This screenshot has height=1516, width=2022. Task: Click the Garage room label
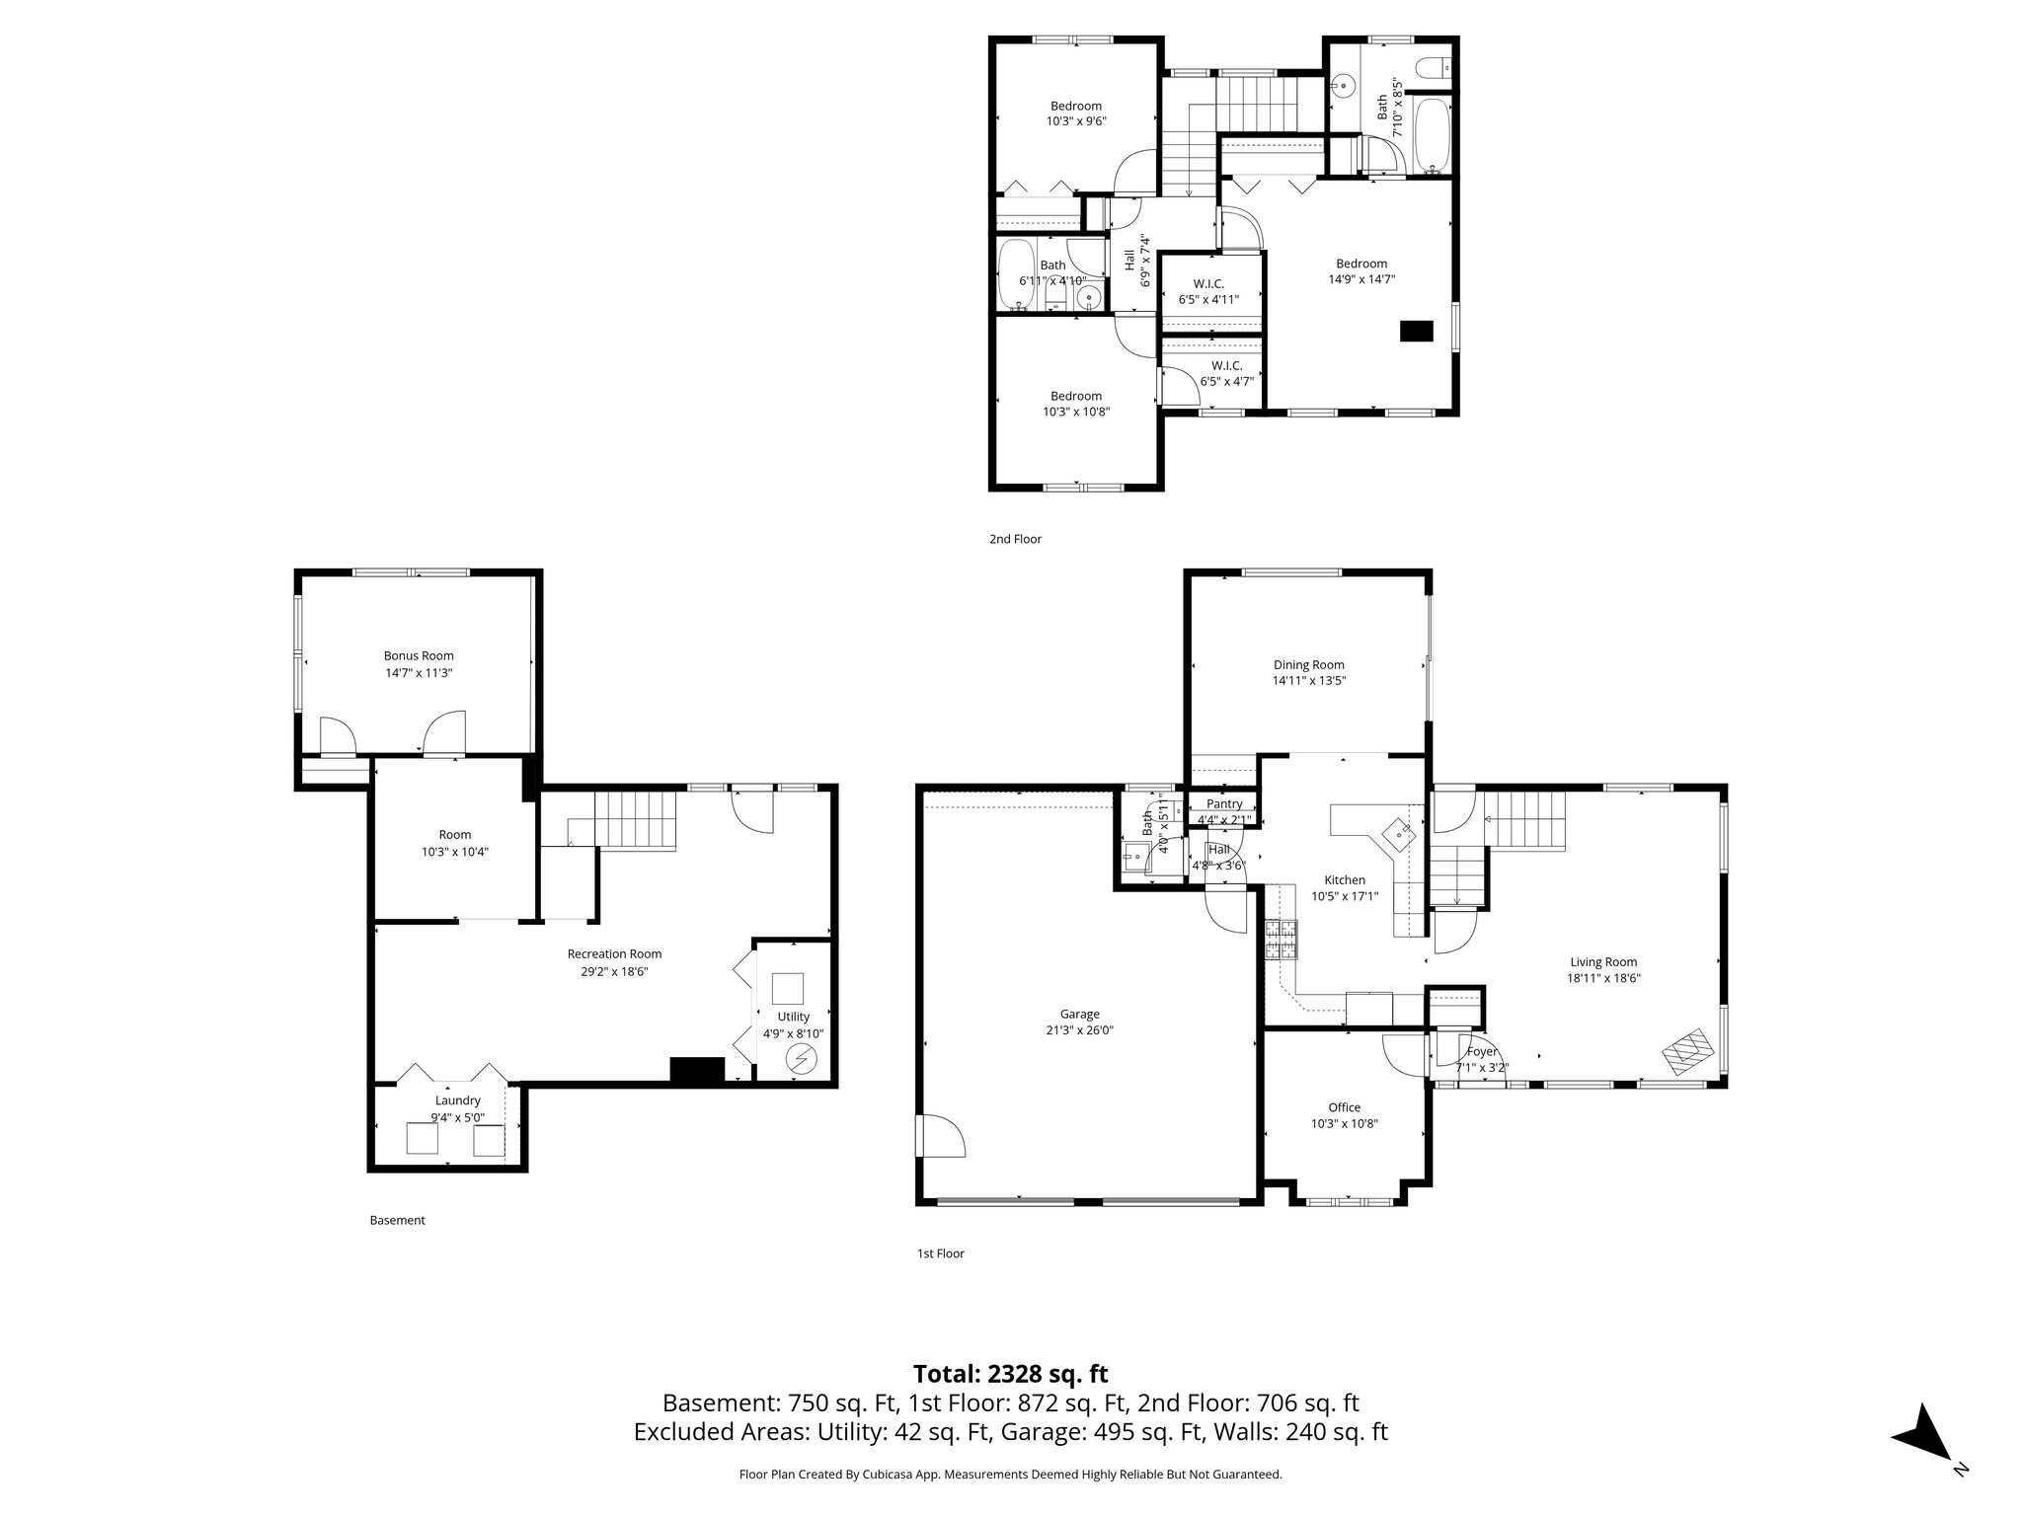(x=1079, y=1014)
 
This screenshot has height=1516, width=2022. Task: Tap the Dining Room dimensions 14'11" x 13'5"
(x=1308, y=680)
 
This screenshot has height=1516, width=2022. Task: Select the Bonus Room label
(x=419, y=655)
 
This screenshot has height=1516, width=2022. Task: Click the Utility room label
(x=793, y=1017)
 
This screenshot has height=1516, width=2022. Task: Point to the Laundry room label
(x=457, y=1100)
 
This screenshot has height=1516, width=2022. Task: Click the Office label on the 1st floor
(x=1344, y=1107)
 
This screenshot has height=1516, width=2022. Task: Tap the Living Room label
(x=1603, y=962)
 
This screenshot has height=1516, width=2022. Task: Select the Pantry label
(x=1224, y=804)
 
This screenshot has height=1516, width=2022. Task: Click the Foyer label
(x=1482, y=1052)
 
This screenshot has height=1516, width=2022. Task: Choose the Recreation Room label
(x=614, y=954)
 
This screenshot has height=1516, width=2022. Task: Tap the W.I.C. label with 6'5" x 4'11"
(x=1207, y=284)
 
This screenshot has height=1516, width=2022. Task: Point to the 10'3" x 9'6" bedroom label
(x=1076, y=107)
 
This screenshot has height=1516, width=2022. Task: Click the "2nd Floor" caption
(x=1015, y=539)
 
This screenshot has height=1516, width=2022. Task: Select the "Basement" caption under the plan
(x=397, y=1220)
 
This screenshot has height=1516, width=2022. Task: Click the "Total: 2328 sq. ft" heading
(x=1010, y=1374)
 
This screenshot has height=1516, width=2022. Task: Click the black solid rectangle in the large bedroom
(x=1417, y=332)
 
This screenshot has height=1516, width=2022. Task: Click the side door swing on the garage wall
(x=940, y=1135)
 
